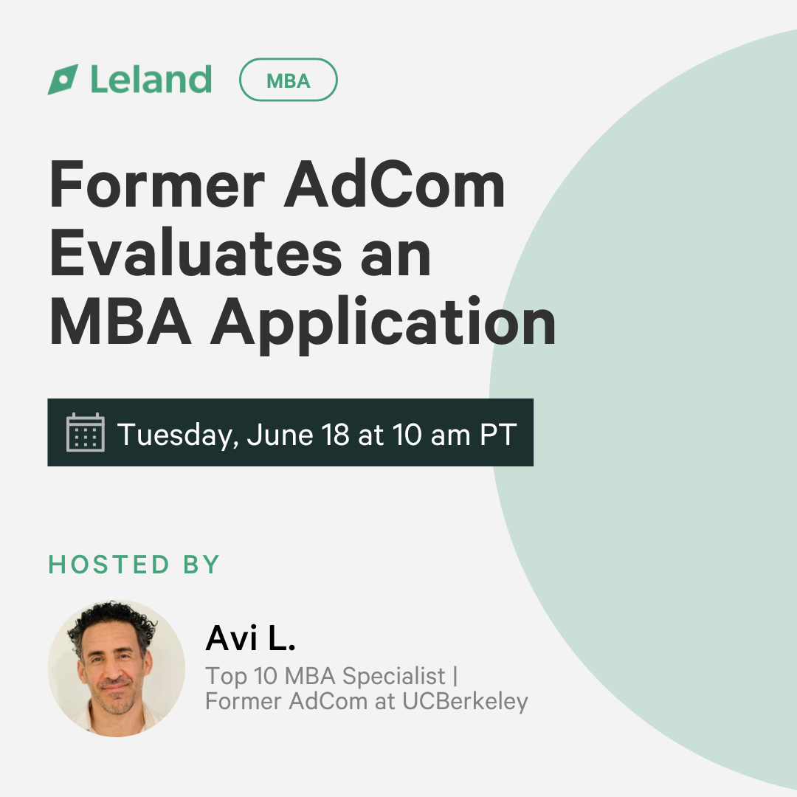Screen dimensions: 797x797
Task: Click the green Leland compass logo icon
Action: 63,79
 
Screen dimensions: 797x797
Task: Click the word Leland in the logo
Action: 151,79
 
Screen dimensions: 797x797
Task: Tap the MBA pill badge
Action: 289,80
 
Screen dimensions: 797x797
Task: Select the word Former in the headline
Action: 157,184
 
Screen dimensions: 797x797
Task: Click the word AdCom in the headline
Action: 394,184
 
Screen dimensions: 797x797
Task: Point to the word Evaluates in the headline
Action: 196,252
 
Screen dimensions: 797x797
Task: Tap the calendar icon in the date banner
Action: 86,432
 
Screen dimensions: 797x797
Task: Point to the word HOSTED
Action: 108,565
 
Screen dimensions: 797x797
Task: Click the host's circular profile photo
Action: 117,669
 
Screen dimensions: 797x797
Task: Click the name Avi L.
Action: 250,638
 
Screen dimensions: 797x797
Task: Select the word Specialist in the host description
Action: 394,677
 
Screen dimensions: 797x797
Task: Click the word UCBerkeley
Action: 465,702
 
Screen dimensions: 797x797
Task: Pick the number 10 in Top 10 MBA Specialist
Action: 266,676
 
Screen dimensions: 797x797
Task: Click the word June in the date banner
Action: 280,435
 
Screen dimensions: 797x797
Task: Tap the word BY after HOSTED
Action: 201,565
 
